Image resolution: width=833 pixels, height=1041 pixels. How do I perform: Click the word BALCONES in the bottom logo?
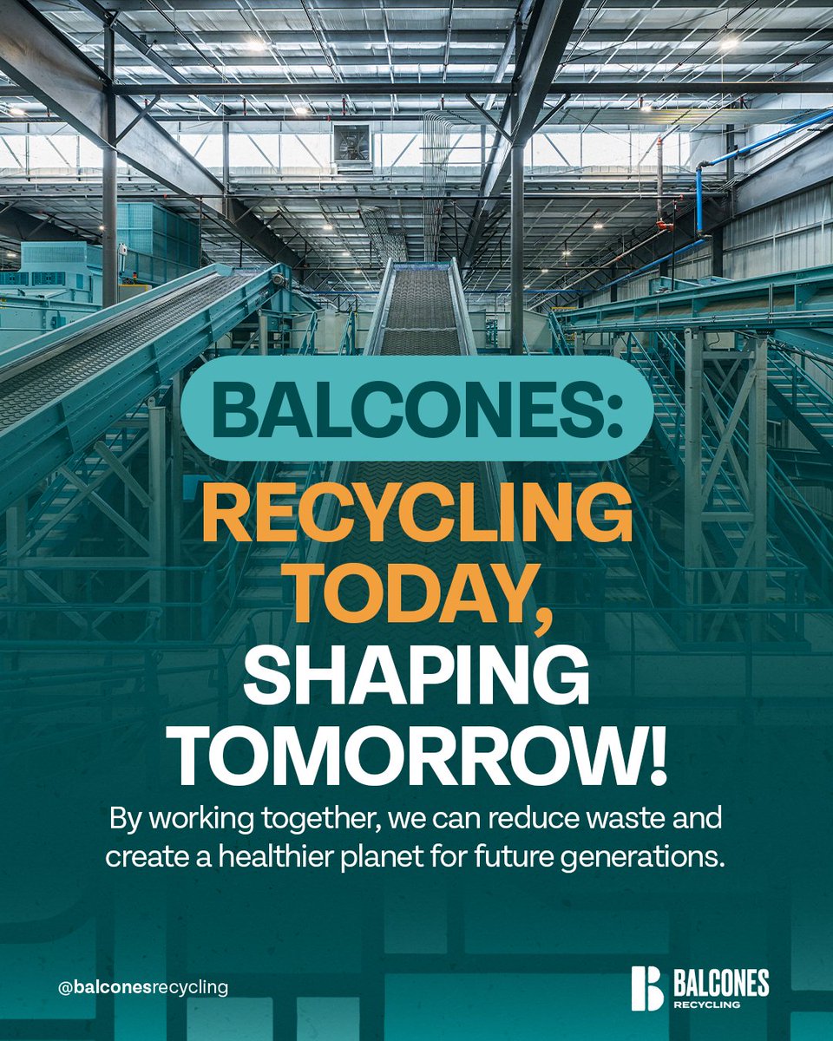(720, 982)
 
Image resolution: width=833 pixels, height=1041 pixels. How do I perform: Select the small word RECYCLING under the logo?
(705, 1005)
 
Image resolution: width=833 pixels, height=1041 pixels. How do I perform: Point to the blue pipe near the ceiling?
(764, 139)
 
